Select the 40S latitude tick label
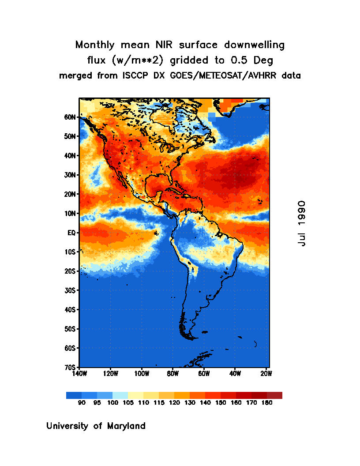(71, 309)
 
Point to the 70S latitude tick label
(71, 367)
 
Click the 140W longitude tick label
(79, 373)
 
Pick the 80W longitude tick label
(172, 373)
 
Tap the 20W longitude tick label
(266, 373)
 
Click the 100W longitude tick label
(142, 373)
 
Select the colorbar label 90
(82, 402)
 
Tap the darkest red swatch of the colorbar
(274, 395)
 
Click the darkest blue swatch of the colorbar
(74, 395)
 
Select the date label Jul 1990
(301, 223)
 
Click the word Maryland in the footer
(127, 426)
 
